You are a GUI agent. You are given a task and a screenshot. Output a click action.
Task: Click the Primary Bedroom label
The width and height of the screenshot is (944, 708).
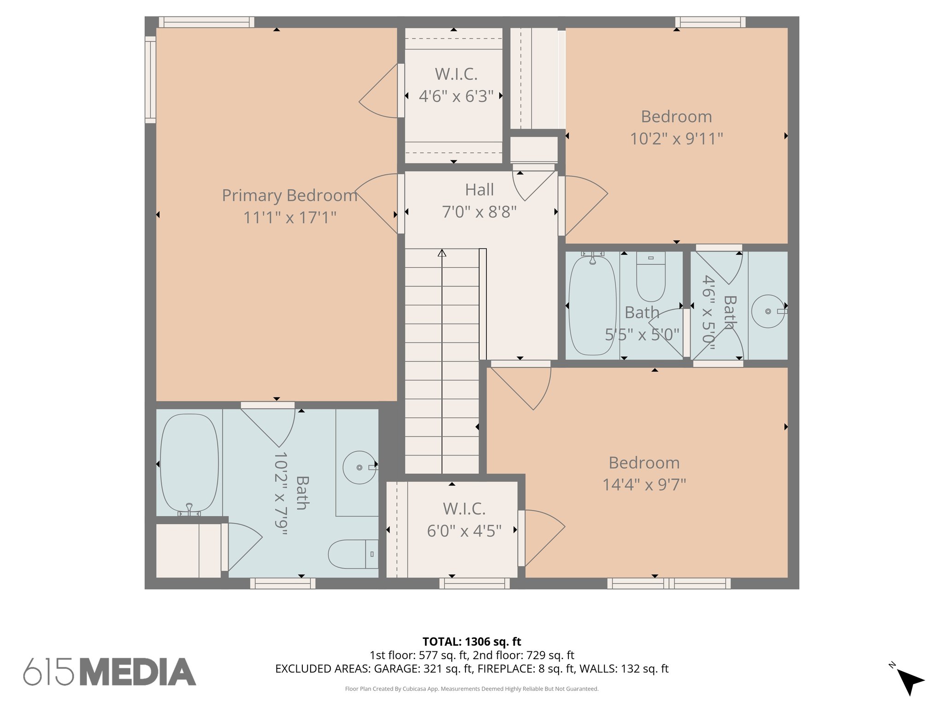pos(289,195)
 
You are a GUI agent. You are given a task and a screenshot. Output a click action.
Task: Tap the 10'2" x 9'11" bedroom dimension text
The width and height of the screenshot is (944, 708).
pos(676,139)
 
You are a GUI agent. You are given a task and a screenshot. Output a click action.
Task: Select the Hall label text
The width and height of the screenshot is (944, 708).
pos(479,190)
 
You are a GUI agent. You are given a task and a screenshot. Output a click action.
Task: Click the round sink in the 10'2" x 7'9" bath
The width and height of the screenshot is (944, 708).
pos(359,467)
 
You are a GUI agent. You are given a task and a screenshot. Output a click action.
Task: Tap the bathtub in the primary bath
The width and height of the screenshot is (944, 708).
pos(189,463)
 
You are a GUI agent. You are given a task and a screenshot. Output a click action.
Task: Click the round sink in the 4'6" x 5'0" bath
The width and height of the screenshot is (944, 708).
pos(767,312)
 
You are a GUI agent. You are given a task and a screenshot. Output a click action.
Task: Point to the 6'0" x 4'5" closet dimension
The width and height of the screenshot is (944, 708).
pos(464,531)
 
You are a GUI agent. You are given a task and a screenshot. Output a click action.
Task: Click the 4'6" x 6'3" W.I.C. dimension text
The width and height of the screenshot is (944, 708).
pos(456,96)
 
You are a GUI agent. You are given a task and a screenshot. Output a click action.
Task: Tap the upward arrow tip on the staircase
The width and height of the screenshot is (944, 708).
pos(442,252)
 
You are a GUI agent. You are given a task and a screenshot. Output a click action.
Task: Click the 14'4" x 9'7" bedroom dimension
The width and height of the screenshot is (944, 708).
pos(644,485)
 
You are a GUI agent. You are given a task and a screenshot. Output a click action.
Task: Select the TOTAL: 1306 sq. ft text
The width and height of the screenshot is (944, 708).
pos(472,642)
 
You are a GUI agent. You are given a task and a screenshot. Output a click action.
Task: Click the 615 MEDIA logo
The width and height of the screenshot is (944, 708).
pos(110,672)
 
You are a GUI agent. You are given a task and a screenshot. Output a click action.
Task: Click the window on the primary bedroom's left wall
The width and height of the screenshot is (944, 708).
pos(150,80)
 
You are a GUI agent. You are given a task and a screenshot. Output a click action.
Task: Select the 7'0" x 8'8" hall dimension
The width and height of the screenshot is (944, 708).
pos(479,212)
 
